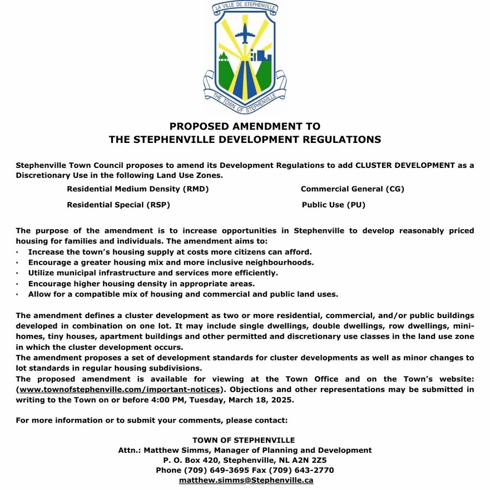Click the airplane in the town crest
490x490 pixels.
click(245, 35)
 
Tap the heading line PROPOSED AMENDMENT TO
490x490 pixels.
click(245, 126)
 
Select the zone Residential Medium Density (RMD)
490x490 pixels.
click(137, 189)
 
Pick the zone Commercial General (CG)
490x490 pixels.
click(352, 189)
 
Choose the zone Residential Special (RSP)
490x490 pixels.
click(118, 205)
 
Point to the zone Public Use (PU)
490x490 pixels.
click(333, 205)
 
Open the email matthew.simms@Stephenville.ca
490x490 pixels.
click(246, 480)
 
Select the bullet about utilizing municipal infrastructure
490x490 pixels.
click(153, 273)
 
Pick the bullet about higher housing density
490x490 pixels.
click(133, 283)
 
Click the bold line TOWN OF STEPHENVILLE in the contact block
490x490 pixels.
click(244, 440)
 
